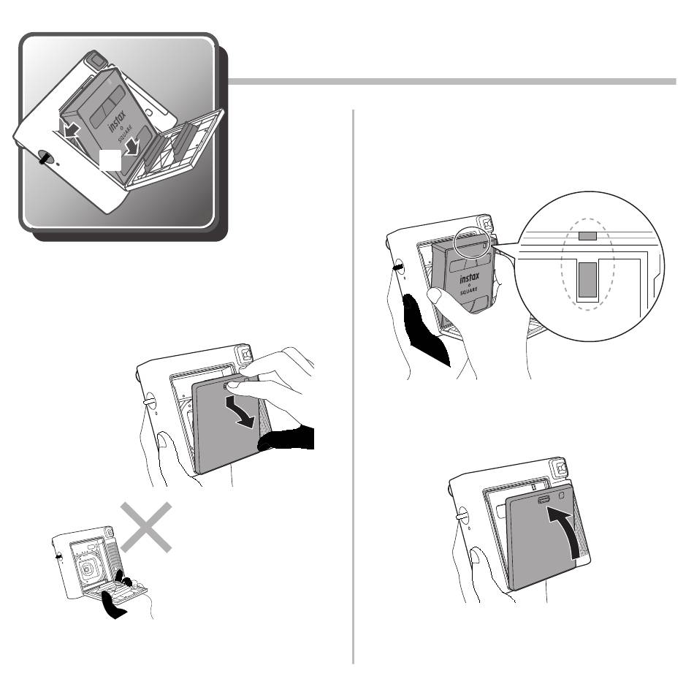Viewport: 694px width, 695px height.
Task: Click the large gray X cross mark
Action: (x=146, y=527)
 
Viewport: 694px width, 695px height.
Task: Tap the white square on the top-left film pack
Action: (x=110, y=159)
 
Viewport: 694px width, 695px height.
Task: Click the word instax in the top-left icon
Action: (x=117, y=121)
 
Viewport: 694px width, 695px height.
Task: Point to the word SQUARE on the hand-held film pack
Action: (x=468, y=291)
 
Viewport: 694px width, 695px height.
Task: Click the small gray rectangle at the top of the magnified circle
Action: (x=587, y=236)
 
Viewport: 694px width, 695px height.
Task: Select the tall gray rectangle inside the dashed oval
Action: (x=587, y=279)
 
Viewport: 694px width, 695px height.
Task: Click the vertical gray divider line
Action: (x=353, y=387)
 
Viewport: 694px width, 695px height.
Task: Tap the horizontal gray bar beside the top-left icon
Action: (x=452, y=82)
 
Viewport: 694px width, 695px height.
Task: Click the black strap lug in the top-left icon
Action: (x=45, y=157)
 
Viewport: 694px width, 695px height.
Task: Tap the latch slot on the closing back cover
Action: (x=544, y=500)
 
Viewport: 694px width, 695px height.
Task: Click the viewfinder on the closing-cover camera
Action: (x=560, y=469)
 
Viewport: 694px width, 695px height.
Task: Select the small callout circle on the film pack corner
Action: (x=473, y=242)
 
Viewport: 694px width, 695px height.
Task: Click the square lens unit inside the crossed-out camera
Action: (x=88, y=569)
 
